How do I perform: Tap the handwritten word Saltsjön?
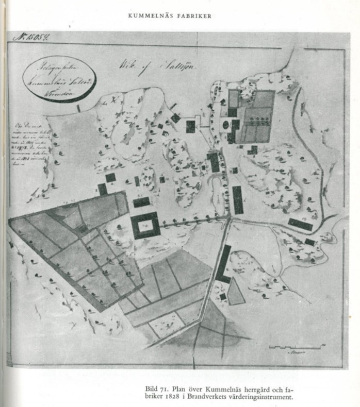[170, 64]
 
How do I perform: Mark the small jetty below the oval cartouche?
[78, 108]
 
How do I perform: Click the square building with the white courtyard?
[145, 225]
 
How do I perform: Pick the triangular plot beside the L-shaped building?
[236, 292]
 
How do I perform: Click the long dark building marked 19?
[300, 225]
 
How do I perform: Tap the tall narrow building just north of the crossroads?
[237, 199]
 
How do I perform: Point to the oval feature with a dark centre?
[226, 124]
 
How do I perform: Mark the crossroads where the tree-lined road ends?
[228, 219]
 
